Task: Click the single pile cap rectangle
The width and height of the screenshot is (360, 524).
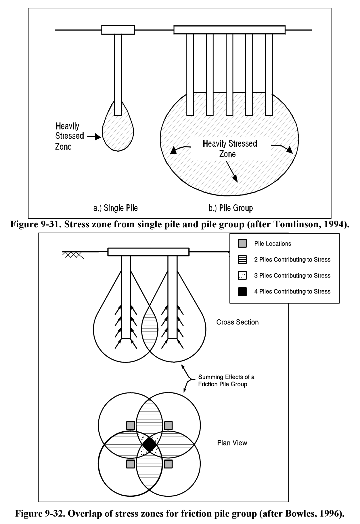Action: pos(118,30)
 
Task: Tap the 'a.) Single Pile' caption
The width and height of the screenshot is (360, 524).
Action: pos(115,208)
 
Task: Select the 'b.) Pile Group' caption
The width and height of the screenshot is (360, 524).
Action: pos(231,208)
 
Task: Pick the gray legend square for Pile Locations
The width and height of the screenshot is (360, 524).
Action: pos(242,243)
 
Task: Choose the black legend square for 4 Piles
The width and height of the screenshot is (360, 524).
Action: pos(242,291)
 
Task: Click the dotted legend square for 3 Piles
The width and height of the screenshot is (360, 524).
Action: pos(242,275)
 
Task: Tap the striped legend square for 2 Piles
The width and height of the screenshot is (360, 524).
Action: pos(242,260)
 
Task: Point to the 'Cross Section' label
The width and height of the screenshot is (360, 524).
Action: pos(237,322)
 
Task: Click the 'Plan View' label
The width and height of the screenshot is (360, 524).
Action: pos(232,443)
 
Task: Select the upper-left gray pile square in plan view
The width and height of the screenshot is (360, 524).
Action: pos(131,425)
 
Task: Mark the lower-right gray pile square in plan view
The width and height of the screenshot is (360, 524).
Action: pos(168,464)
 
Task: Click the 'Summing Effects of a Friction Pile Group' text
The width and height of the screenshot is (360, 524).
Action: pos(226,380)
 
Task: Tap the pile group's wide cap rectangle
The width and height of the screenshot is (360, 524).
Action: pos(229,30)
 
